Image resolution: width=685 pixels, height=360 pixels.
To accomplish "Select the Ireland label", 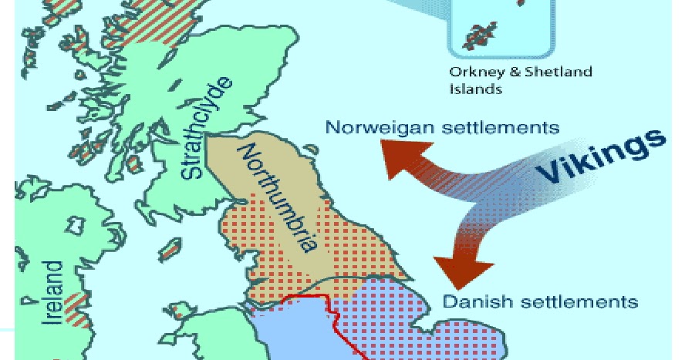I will click(53, 292).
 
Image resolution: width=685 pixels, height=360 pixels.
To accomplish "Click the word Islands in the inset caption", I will click(475, 89).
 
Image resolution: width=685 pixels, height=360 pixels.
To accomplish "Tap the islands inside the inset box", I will click(479, 35).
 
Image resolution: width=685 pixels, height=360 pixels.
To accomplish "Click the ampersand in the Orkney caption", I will click(513, 72).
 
